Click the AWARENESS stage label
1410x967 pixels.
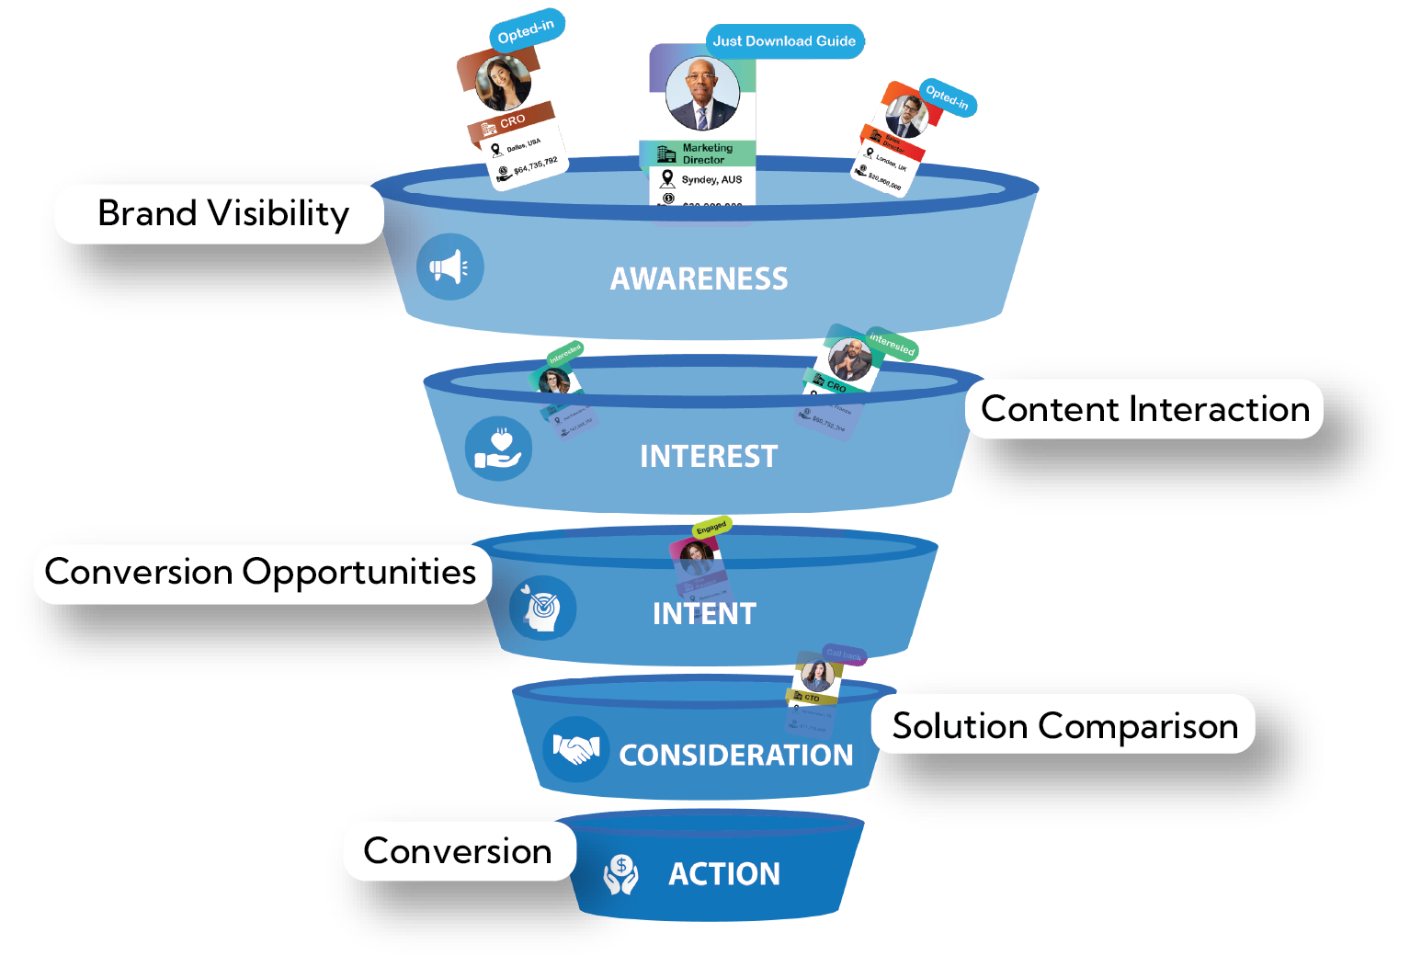[699, 279]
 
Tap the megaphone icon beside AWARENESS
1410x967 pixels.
[449, 267]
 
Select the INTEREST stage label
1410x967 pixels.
[709, 456]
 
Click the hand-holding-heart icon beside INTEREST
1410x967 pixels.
[497, 449]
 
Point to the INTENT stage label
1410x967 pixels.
[704, 613]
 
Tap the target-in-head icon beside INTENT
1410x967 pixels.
[540, 609]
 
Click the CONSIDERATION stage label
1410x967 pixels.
[735, 755]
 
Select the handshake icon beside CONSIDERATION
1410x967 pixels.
[576, 749]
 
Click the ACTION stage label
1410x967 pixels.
[724, 873]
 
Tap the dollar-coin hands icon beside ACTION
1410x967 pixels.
[621, 874]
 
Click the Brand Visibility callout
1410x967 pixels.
[220, 213]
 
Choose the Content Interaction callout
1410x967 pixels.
[1144, 409]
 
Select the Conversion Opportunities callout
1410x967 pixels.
[262, 572]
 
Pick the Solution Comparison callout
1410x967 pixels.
[1064, 725]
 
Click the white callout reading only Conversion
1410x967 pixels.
[459, 851]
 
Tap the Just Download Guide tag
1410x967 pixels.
[784, 41]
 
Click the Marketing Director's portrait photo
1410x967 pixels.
[702, 95]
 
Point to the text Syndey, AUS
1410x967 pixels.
[711, 179]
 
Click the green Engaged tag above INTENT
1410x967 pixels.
[711, 528]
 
